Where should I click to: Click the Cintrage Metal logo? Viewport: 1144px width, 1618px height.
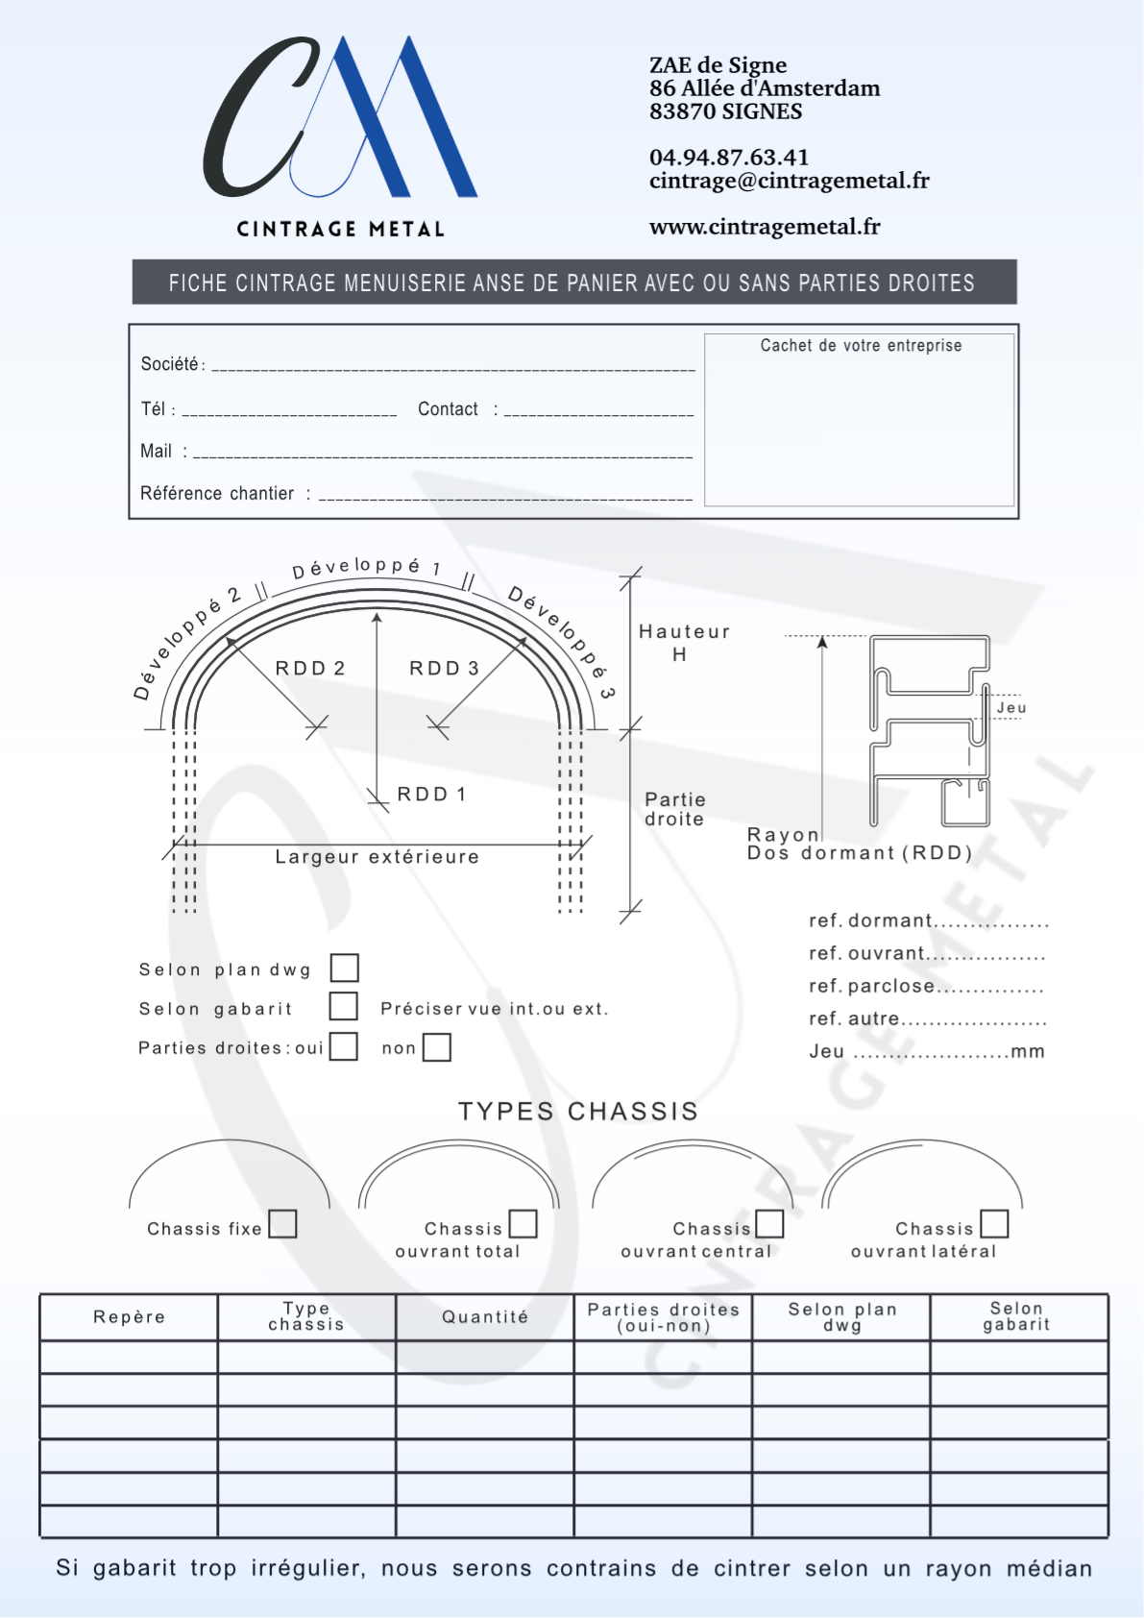point(340,135)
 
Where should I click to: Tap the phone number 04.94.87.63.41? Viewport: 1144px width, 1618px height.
point(728,158)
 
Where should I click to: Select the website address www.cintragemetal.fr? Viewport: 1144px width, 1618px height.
point(764,227)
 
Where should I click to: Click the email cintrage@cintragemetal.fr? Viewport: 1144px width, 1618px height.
point(789,181)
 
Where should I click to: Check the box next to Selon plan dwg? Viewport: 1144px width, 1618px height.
point(344,968)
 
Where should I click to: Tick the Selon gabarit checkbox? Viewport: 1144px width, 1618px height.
point(343,1006)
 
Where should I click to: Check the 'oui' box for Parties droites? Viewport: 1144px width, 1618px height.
point(343,1046)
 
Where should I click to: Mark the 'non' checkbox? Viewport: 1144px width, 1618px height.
point(436,1046)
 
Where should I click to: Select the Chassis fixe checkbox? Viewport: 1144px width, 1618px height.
point(282,1224)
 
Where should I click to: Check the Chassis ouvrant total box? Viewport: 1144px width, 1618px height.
point(523,1224)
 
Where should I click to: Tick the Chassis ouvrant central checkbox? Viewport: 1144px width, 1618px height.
point(769,1224)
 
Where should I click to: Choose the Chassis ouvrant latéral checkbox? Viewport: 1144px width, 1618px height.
point(994,1224)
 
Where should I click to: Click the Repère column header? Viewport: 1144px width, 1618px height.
point(129,1317)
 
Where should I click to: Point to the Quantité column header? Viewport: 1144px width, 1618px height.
point(485,1317)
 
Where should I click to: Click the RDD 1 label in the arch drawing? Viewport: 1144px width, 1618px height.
point(431,795)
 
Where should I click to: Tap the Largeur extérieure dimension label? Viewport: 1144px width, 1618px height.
point(377,857)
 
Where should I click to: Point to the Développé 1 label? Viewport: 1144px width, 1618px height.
point(366,567)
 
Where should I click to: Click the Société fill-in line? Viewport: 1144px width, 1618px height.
point(452,365)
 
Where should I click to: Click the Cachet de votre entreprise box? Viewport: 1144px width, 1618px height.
point(860,420)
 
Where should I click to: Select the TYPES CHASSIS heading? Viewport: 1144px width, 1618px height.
point(577,1112)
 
